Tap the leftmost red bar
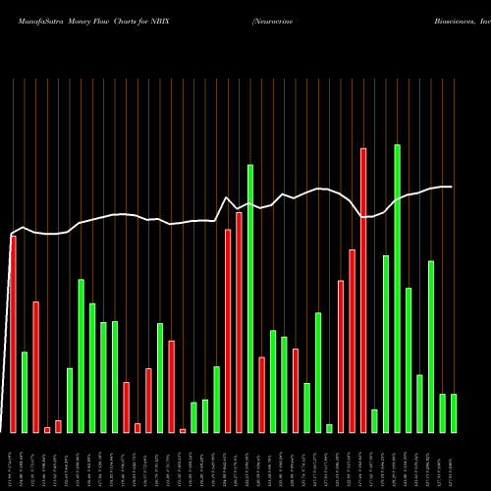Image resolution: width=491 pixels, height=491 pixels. coord(13,334)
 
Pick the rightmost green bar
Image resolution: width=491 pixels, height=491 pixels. coord(454,413)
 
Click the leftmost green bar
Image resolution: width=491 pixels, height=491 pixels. coord(25,392)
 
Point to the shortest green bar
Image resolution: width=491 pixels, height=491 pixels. coord(329,428)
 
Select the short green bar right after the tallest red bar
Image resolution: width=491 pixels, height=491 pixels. coord(374,421)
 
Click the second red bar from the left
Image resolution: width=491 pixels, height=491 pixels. coord(35,367)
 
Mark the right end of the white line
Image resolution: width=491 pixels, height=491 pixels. coord(452,187)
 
